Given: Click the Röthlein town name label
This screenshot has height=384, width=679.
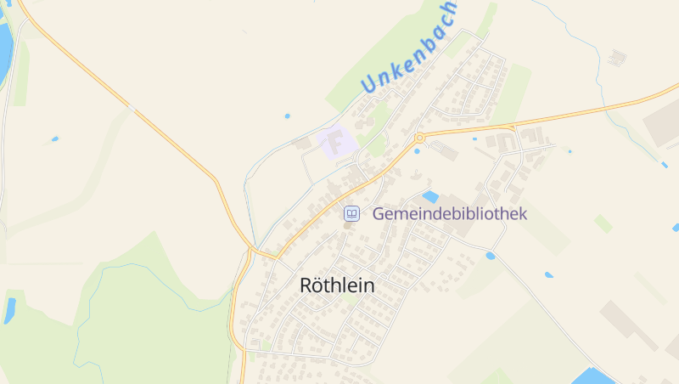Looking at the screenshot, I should (x=337, y=285).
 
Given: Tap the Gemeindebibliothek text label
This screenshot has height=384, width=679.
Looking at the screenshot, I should (x=450, y=214).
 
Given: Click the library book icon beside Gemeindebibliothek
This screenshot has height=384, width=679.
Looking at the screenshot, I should (x=351, y=214).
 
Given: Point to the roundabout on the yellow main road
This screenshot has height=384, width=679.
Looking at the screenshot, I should (x=419, y=138).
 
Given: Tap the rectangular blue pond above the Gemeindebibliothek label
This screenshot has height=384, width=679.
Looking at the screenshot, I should (x=430, y=197).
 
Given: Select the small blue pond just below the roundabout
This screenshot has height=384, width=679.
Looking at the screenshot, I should (x=417, y=151).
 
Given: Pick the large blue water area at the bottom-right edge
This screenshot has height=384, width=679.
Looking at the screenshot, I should (x=594, y=376).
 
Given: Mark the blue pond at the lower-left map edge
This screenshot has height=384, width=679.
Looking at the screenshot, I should (x=10, y=310).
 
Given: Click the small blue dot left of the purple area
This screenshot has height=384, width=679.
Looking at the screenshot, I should (x=287, y=116).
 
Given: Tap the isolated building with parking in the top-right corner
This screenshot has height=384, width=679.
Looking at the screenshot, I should (x=617, y=57).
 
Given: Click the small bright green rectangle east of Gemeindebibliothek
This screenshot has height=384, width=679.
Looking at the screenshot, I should (x=603, y=223).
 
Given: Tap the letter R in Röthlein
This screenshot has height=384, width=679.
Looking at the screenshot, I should (x=308, y=285).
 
